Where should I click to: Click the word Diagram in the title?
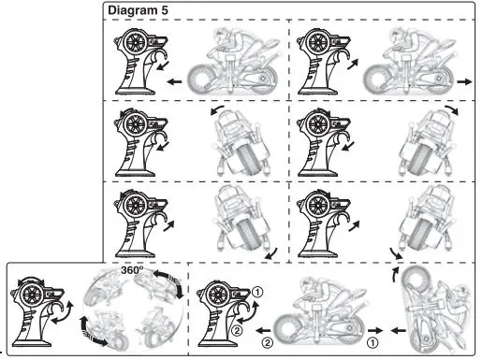click(133, 10)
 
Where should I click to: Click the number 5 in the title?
click(165, 10)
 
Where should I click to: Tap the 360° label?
click(132, 270)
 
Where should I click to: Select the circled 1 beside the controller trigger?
click(257, 293)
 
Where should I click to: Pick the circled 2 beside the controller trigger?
click(237, 330)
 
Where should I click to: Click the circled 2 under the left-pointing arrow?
click(268, 343)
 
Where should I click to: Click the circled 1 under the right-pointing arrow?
click(372, 343)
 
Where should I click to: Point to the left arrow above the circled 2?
click(263, 330)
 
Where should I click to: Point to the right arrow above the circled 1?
click(375, 330)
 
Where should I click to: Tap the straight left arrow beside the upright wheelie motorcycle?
click(399, 330)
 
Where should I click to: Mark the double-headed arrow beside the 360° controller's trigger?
click(63, 312)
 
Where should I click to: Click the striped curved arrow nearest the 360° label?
click(168, 282)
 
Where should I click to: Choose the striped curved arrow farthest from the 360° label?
click(92, 333)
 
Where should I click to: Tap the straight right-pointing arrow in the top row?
click(465, 81)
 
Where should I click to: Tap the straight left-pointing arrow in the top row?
click(174, 82)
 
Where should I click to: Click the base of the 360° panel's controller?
click(32, 343)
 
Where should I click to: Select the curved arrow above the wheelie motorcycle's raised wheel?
click(395, 274)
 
